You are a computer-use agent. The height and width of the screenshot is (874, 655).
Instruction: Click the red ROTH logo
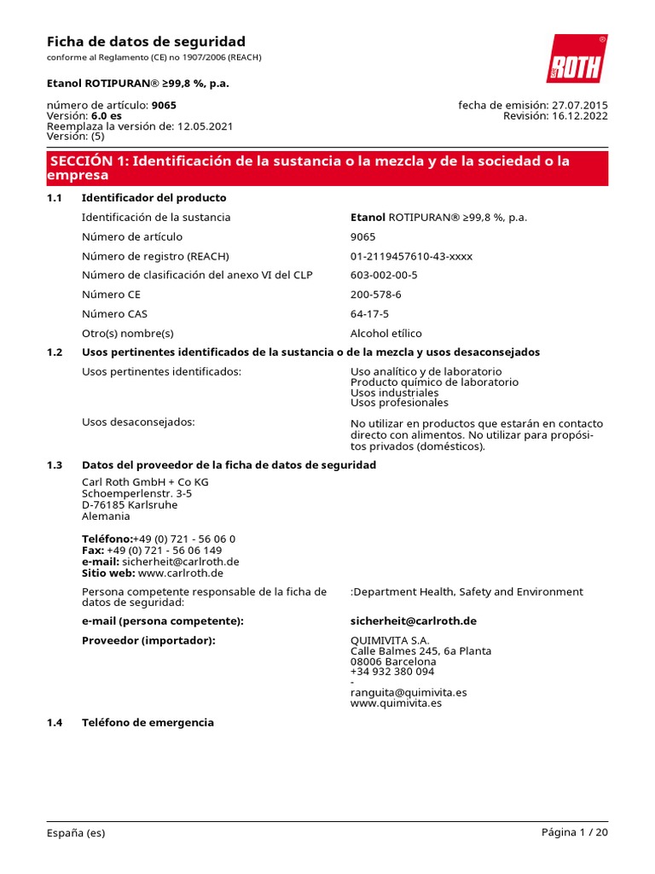(577, 59)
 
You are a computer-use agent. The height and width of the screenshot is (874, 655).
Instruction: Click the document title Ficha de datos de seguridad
(146, 42)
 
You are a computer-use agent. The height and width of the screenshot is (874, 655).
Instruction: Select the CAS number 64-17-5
(369, 314)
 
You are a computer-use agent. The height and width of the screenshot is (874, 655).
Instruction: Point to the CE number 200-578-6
(375, 294)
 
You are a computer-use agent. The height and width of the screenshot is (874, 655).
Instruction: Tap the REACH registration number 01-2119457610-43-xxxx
(411, 256)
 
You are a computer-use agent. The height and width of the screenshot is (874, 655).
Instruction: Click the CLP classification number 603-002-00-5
(384, 275)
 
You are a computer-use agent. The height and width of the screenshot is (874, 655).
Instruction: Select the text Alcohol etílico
(385, 334)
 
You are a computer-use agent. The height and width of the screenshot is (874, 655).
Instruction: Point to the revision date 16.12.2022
(580, 116)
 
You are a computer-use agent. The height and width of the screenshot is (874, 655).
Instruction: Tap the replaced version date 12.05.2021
(205, 126)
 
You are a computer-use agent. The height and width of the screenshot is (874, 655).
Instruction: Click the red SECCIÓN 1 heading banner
(327, 168)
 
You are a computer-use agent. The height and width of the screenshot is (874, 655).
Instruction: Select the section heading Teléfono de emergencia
(148, 722)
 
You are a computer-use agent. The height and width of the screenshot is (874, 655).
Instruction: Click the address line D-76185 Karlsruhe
(130, 504)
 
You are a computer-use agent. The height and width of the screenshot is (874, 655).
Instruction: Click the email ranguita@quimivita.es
(409, 692)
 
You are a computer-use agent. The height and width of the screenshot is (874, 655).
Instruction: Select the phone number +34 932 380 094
(392, 672)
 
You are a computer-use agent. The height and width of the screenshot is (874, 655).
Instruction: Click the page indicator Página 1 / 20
(574, 833)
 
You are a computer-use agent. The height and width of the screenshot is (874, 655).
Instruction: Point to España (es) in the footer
(76, 833)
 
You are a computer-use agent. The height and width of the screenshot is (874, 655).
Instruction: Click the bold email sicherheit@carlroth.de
(413, 621)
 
